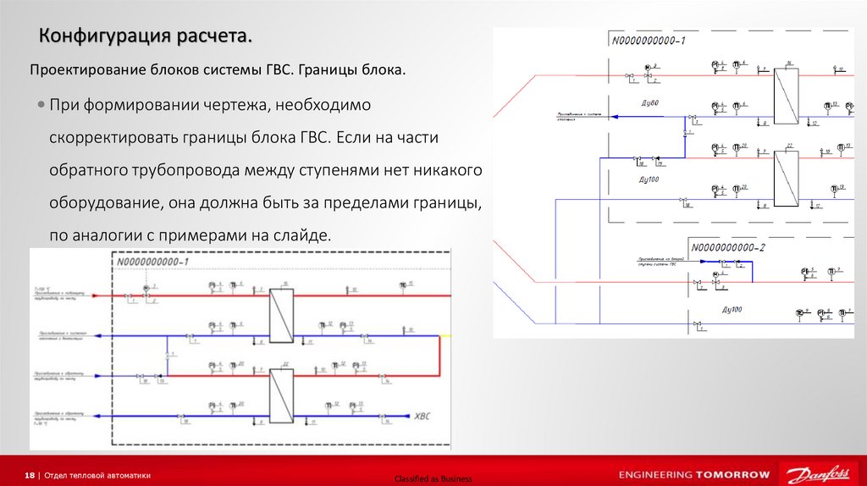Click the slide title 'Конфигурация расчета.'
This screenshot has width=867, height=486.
click(x=145, y=37)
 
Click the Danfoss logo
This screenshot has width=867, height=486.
click(x=819, y=473)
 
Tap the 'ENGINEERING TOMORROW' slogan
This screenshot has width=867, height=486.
click(x=694, y=474)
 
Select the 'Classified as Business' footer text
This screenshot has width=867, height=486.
click(x=433, y=479)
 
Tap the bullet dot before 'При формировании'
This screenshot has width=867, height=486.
click(x=41, y=105)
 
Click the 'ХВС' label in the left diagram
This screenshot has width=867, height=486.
click(x=422, y=416)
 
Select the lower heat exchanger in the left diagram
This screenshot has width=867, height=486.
click(x=280, y=395)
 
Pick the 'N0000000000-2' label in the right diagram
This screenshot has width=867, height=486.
click(x=727, y=247)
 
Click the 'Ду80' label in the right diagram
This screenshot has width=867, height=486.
click(x=649, y=103)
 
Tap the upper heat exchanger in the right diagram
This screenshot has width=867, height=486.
click(x=787, y=95)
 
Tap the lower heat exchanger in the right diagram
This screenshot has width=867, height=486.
click(x=787, y=177)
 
